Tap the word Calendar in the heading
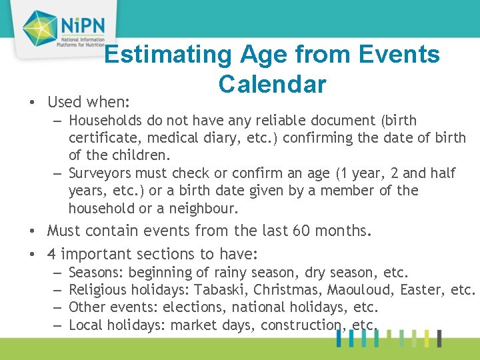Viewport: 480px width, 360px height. (272, 85)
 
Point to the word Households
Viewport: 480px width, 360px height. (104, 121)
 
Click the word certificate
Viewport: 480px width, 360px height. (100, 138)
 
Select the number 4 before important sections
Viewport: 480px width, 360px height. (52, 254)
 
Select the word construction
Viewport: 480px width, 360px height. (301, 325)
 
